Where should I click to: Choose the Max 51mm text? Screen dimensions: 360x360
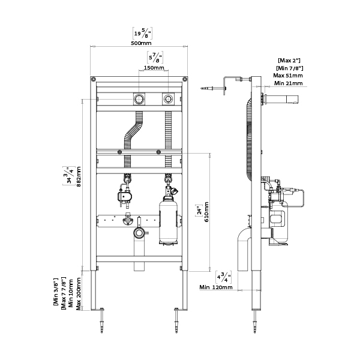pos(288,75)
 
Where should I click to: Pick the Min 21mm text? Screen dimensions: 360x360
pos(287,83)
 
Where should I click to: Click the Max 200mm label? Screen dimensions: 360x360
pos(79,292)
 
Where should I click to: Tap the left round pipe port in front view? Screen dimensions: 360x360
pos(139,98)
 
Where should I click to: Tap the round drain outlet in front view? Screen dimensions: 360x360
pos(139,232)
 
